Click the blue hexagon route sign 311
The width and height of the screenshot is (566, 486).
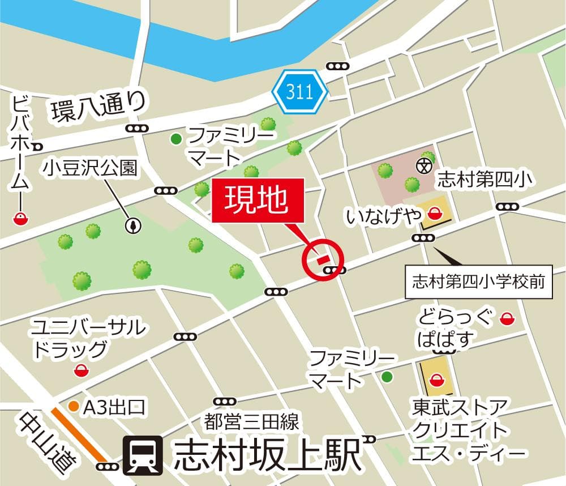[299, 92]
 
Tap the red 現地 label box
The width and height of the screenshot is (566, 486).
[258, 200]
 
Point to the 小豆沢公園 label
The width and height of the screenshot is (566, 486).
[92, 168]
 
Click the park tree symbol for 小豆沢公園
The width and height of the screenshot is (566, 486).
[134, 225]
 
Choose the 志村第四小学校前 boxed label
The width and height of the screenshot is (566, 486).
[479, 281]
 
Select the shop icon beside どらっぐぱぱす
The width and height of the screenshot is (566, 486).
[506, 319]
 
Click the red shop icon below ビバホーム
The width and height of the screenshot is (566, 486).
[21, 218]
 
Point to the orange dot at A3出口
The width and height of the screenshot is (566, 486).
[73, 406]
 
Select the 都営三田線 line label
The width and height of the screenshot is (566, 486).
[251, 421]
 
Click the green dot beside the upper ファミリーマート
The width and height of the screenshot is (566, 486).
[177, 138]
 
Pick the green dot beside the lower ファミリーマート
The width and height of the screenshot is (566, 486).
[387, 376]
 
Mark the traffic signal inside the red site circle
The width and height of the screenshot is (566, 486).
[334, 270]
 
